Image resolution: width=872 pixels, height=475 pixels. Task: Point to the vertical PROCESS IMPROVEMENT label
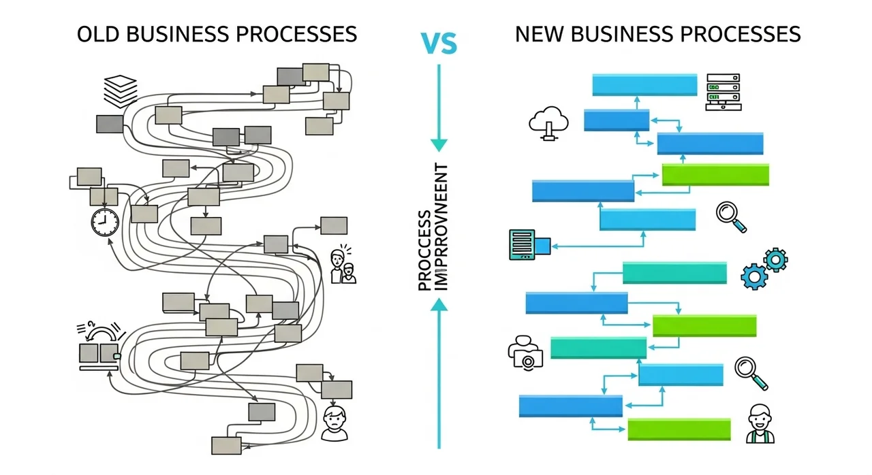tap(433, 227)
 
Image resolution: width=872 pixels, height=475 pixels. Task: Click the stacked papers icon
tap(121, 90)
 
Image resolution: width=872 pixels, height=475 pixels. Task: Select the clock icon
tap(104, 222)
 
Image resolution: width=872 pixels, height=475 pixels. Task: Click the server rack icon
tap(723, 93)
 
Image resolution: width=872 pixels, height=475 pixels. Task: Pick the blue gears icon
tap(764, 268)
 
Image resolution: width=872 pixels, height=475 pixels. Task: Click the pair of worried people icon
tap(342, 266)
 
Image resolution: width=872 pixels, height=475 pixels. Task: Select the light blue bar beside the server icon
tap(644, 85)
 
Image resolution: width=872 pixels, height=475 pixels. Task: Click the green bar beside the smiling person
tap(679, 429)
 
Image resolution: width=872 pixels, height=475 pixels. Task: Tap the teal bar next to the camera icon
tap(597, 347)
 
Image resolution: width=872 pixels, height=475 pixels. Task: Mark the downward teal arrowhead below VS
tap(439, 145)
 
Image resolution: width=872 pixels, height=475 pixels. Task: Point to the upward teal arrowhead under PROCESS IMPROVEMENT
tap(439, 308)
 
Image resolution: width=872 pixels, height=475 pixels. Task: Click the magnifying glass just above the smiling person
tap(751, 373)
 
